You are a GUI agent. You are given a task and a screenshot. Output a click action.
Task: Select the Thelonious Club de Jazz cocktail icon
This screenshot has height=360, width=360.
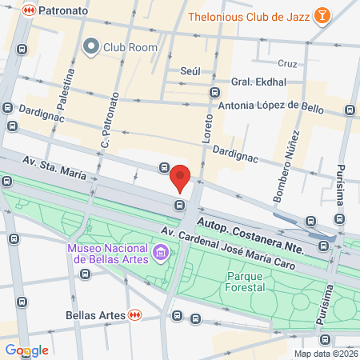322,17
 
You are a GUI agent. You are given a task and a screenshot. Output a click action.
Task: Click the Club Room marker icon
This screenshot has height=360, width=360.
91,46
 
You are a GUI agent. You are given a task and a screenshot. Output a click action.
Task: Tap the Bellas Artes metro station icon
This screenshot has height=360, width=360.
136,315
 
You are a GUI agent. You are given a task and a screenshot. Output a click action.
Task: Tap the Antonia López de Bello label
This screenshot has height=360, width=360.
270,105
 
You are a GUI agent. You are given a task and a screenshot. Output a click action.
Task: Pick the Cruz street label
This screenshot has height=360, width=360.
286,63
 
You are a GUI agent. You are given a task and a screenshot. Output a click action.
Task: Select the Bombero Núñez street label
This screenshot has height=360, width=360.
287,164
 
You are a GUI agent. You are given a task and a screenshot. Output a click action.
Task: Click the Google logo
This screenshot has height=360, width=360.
27,350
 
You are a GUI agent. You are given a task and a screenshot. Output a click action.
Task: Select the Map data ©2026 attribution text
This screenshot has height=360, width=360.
325,354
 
